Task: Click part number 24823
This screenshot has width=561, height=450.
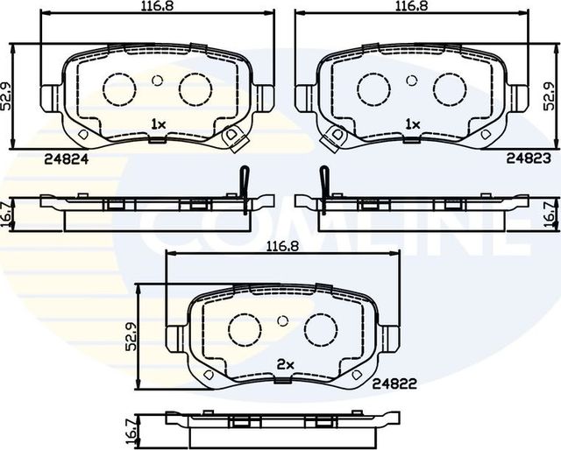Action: point(528,159)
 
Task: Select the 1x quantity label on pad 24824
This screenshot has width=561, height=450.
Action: point(158,124)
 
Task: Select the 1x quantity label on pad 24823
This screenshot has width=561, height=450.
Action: point(413,124)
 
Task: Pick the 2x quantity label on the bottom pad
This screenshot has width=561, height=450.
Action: point(284,363)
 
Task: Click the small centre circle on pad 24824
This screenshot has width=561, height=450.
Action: point(158,80)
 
